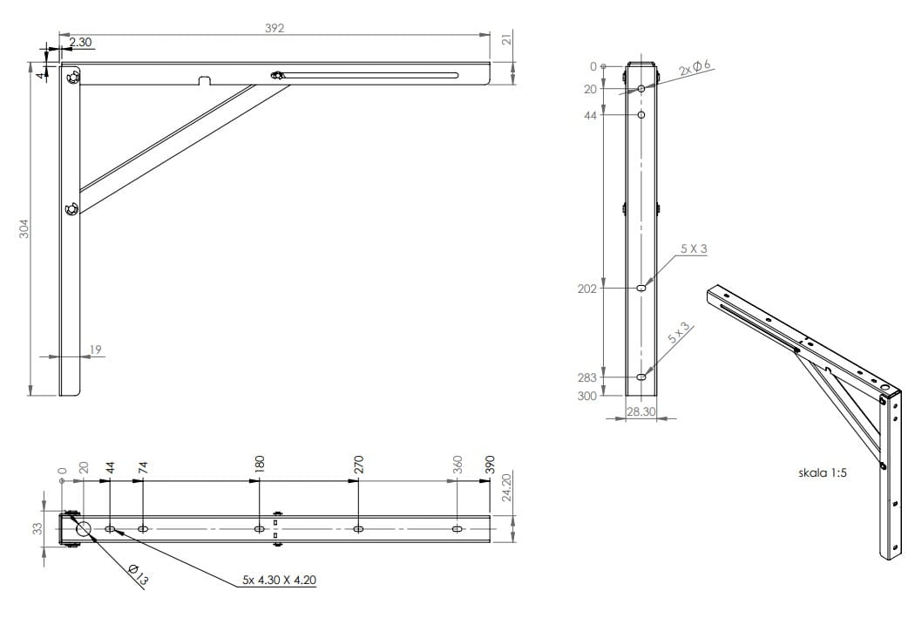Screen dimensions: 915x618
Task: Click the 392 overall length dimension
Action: point(274,28)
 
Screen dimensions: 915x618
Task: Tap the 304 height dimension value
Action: point(24,228)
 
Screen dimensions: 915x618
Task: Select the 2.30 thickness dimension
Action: point(80,42)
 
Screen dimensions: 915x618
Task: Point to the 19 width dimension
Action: point(96,350)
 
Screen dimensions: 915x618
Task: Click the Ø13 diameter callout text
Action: point(138,574)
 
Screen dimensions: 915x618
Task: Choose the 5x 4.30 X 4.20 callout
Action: point(280,580)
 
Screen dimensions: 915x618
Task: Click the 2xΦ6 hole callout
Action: point(695,68)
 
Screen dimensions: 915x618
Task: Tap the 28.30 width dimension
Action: point(640,411)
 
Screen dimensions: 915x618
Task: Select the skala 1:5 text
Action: point(823,472)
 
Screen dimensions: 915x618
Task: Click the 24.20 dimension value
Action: point(506,487)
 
